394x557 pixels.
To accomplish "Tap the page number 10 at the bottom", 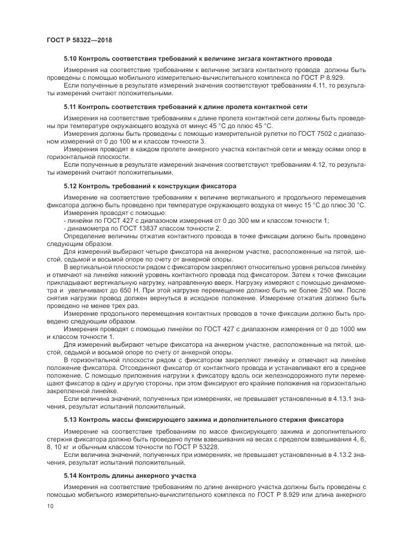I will pos(49,506).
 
